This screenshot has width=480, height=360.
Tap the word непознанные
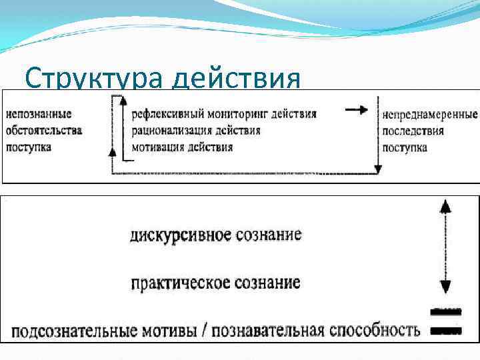coord(39,115)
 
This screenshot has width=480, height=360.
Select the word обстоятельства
coord(44,131)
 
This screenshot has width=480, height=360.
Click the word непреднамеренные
coord(429,115)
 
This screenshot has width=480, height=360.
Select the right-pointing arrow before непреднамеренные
coord(357,111)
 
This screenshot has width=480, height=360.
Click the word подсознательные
coord(73,331)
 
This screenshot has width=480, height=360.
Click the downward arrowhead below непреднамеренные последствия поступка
coord(377,169)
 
